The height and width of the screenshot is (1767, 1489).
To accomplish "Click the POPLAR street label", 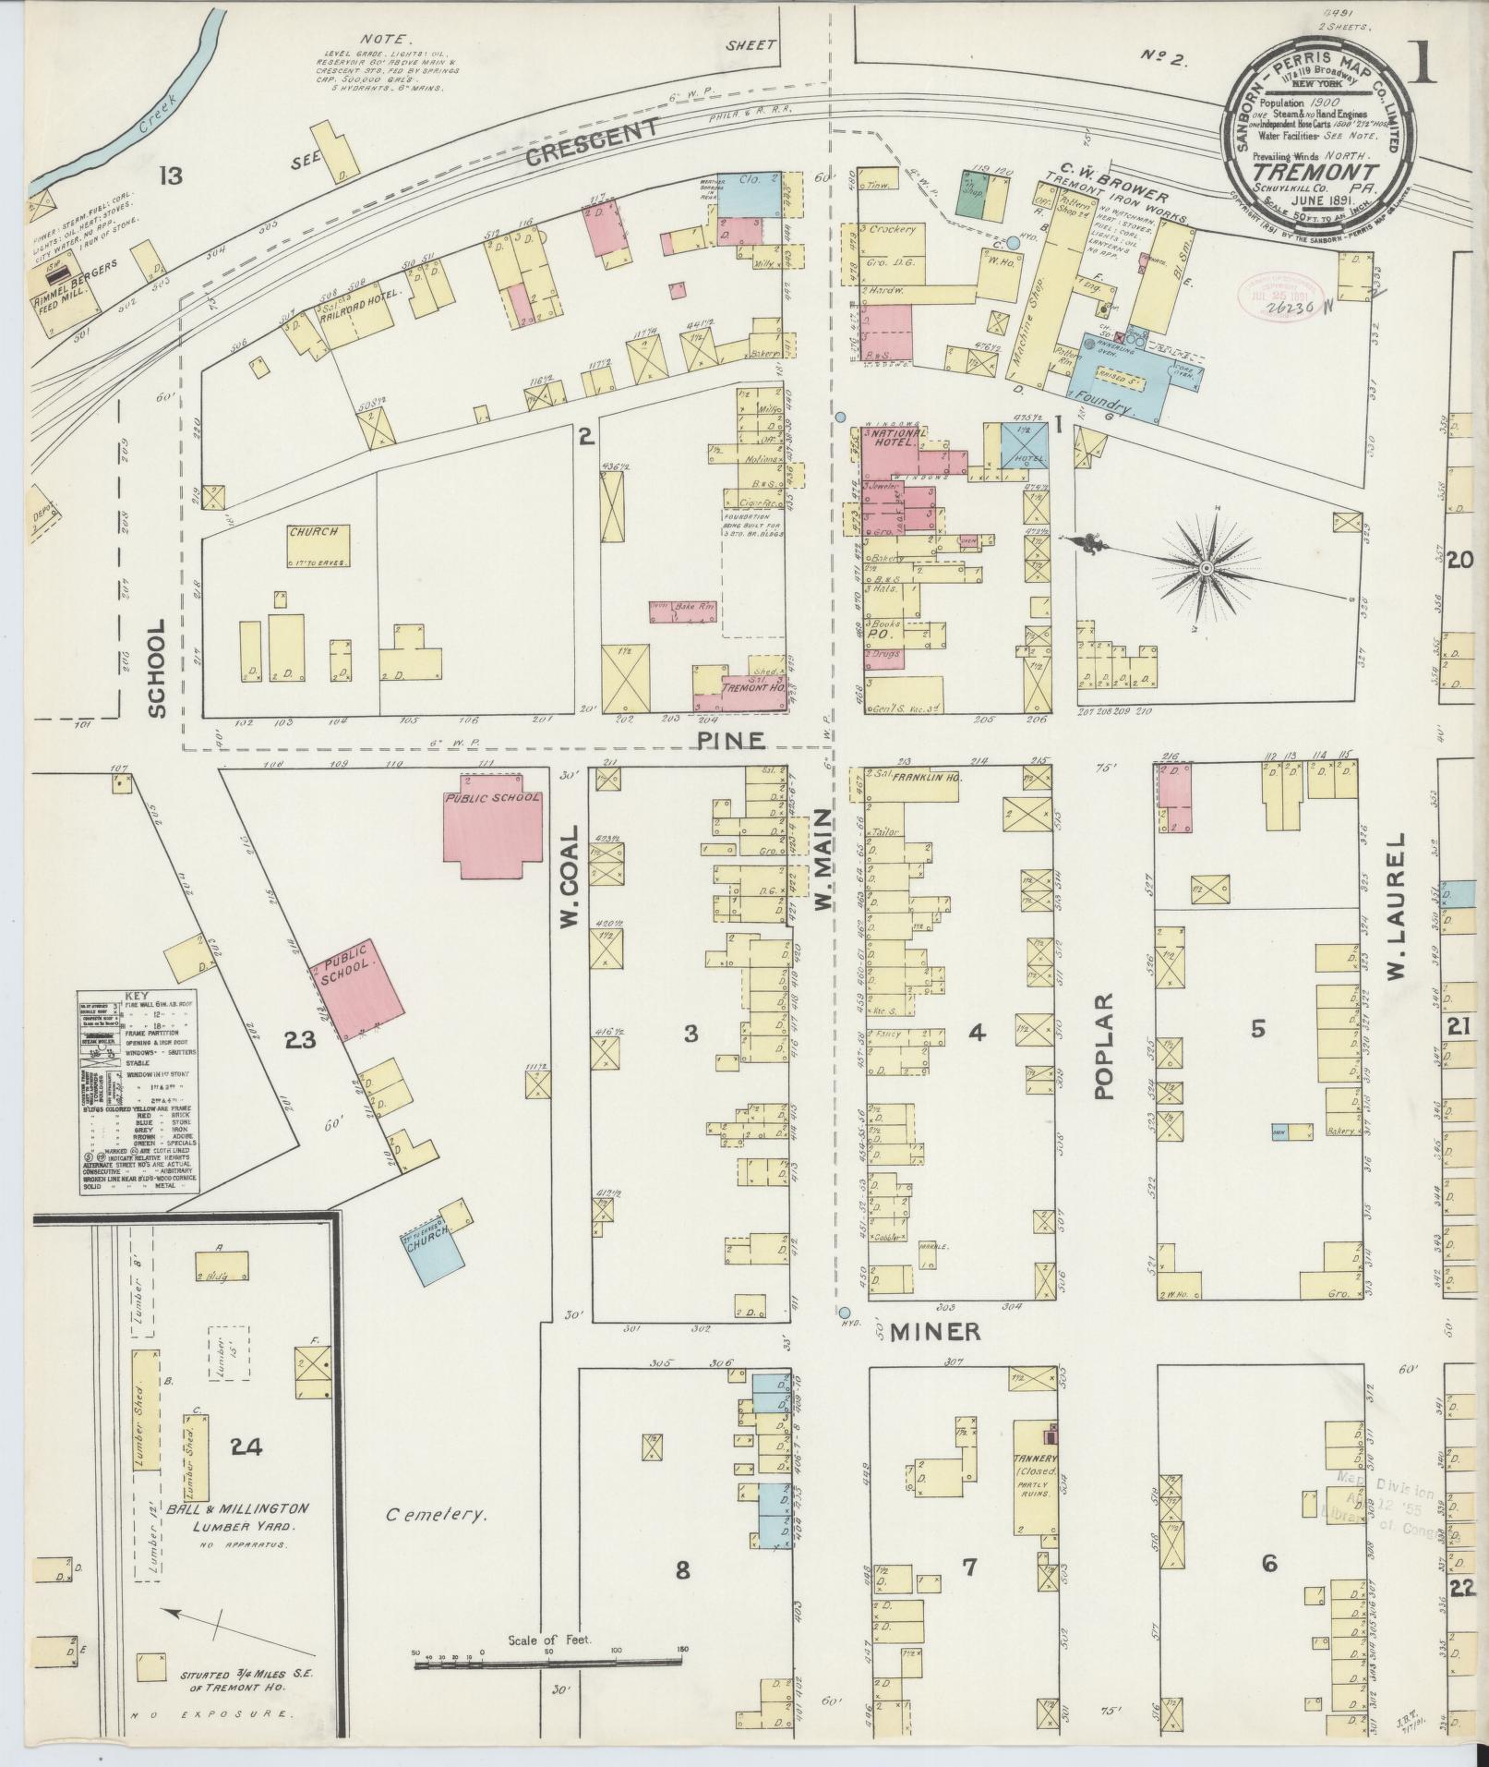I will tap(1104, 1047).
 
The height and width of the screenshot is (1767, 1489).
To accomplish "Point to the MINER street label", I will tap(933, 1331).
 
